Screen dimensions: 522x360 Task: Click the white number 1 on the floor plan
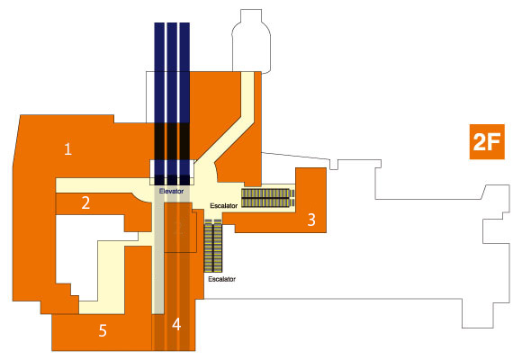[67, 148]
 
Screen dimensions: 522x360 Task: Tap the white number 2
[85, 202]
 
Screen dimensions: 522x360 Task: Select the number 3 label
[311, 220]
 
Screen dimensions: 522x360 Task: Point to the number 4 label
[176, 324]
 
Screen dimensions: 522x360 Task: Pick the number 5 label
[103, 330]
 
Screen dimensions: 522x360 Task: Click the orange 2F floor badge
[487, 142]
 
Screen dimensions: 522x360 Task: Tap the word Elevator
[171, 191]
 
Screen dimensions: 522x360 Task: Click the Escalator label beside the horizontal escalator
[224, 206]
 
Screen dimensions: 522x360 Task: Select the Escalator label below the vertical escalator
[221, 279]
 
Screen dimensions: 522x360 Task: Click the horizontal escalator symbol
[268, 198]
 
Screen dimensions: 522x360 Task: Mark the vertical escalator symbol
[213, 246]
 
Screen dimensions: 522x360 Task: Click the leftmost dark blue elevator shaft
[159, 103]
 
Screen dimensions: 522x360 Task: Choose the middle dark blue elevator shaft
[172, 103]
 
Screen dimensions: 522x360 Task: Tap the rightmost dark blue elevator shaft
[184, 103]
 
